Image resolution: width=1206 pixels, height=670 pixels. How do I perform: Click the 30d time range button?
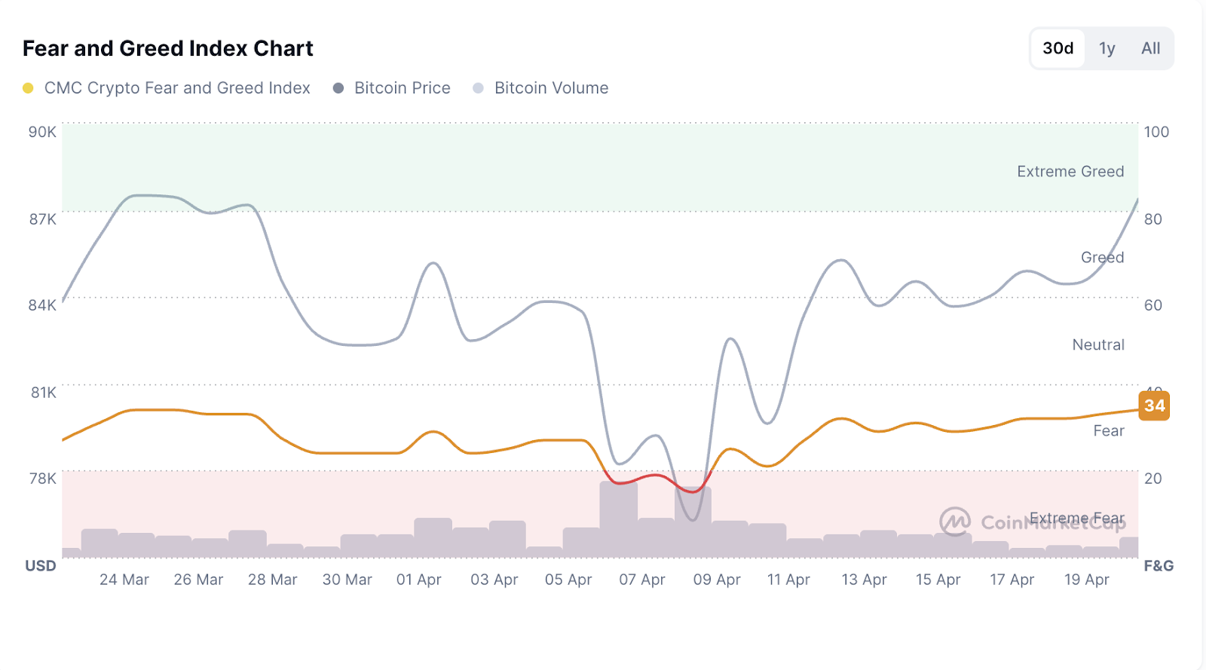(x=1058, y=48)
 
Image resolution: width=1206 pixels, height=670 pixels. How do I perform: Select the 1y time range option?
(x=1107, y=48)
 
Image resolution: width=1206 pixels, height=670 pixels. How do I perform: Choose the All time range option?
(x=1150, y=48)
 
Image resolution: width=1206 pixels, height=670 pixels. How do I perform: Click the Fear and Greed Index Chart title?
(x=167, y=48)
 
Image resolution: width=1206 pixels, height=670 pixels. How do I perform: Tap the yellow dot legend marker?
(x=28, y=88)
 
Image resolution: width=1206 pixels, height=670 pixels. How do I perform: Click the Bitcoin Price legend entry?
(x=402, y=88)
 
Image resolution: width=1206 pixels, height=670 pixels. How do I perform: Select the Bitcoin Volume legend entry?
(x=550, y=88)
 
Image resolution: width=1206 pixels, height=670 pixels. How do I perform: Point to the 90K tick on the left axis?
(x=42, y=132)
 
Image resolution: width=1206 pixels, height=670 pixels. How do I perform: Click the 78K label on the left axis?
(x=42, y=479)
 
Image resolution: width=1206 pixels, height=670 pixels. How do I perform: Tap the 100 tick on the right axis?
(x=1156, y=132)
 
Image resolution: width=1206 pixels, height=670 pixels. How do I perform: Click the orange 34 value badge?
(x=1154, y=405)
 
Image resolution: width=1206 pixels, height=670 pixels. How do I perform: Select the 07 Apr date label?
(x=642, y=580)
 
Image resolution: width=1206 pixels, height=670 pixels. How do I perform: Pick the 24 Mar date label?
(x=124, y=580)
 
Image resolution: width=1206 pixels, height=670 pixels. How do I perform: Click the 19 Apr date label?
(x=1087, y=580)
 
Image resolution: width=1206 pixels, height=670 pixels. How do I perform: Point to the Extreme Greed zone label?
(x=1070, y=172)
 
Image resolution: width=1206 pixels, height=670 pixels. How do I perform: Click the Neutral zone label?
(x=1098, y=345)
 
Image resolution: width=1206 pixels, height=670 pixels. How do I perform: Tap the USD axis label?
(x=41, y=566)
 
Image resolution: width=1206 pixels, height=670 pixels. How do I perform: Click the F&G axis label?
(x=1159, y=566)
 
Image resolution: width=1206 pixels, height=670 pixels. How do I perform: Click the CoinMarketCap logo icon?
(x=955, y=521)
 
